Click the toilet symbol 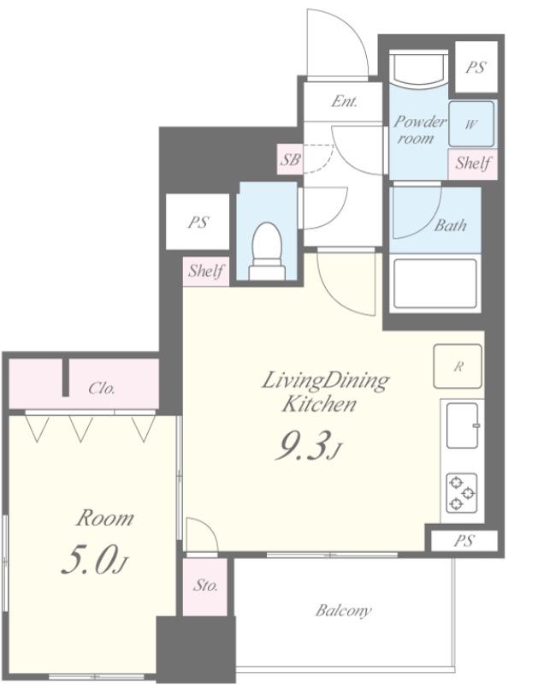(266, 251)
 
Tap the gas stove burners (462, 493)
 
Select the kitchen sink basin (463, 425)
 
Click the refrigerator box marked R (458, 366)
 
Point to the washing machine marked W (470, 124)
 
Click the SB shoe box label (291, 159)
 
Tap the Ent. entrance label (344, 102)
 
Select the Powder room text (419, 129)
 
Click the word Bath (450, 225)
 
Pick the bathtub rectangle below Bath (435, 283)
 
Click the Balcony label (343, 610)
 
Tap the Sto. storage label (205, 585)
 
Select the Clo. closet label (102, 388)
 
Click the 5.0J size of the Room (94, 560)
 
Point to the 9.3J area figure (308, 445)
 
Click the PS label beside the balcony (464, 540)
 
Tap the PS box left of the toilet (198, 222)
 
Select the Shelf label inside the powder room (472, 164)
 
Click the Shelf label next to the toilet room (205, 271)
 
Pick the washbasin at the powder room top (419, 68)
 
